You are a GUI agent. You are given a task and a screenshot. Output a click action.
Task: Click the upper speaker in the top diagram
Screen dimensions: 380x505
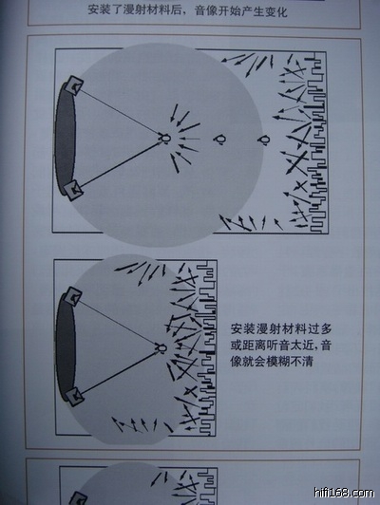(75, 85)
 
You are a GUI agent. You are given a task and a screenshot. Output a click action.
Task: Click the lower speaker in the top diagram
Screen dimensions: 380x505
(73, 191)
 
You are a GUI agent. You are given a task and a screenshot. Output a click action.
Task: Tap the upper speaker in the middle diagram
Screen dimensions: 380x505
(73, 296)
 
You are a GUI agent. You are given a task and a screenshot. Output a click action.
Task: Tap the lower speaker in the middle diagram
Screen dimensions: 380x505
(74, 397)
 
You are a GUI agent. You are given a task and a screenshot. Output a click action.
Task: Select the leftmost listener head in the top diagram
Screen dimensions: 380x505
(164, 139)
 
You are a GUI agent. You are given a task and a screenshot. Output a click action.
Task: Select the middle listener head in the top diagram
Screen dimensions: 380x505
(220, 140)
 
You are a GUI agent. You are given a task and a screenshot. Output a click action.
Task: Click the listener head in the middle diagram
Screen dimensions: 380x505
(161, 348)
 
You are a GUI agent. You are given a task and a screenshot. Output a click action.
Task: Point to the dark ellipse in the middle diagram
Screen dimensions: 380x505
(66, 347)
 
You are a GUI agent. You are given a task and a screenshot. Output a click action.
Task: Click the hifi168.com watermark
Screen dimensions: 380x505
(344, 493)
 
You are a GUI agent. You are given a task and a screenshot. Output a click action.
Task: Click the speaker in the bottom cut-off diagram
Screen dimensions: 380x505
(78, 498)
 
